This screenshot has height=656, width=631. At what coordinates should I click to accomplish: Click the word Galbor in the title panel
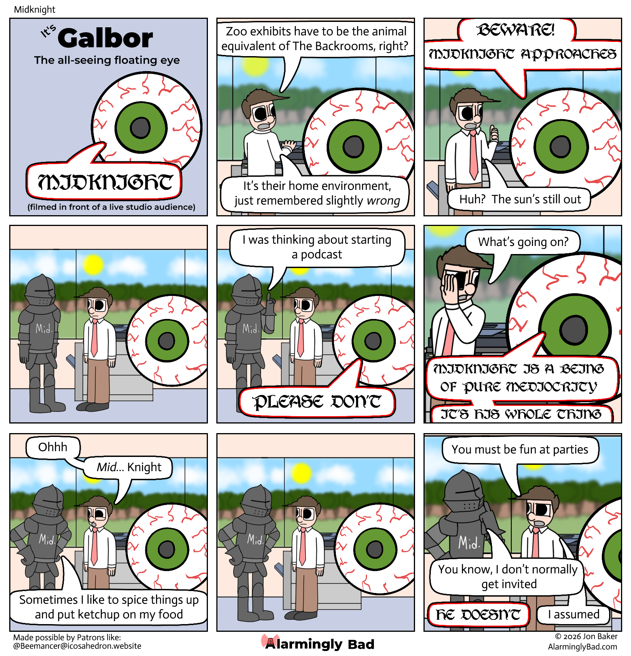click(105, 38)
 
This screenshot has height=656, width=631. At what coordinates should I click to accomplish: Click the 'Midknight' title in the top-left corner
click(35, 10)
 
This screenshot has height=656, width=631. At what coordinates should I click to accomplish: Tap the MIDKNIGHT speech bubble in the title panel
click(104, 181)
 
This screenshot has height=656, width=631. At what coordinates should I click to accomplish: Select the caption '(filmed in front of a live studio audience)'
click(111, 207)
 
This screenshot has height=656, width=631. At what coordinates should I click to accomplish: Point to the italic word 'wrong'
click(383, 201)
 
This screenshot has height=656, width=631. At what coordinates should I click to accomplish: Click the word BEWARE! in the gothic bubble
click(516, 30)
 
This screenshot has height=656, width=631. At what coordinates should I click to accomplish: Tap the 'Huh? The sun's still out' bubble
click(520, 199)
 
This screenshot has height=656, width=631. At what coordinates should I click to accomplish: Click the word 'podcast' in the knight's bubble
click(321, 254)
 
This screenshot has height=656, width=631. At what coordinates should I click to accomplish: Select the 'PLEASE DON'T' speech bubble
click(317, 402)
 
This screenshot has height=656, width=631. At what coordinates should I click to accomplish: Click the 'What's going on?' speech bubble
click(523, 242)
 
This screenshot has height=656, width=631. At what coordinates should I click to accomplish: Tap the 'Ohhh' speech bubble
click(53, 447)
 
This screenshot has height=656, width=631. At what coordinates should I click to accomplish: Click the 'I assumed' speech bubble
click(573, 614)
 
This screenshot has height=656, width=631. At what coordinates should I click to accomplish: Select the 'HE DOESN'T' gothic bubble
click(478, 614)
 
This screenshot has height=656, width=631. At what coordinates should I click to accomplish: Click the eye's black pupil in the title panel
click(140, 127)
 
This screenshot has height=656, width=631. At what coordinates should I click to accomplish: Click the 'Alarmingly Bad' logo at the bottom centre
click(318, 644)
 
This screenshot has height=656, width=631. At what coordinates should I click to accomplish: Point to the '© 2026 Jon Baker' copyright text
click(586, 637)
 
